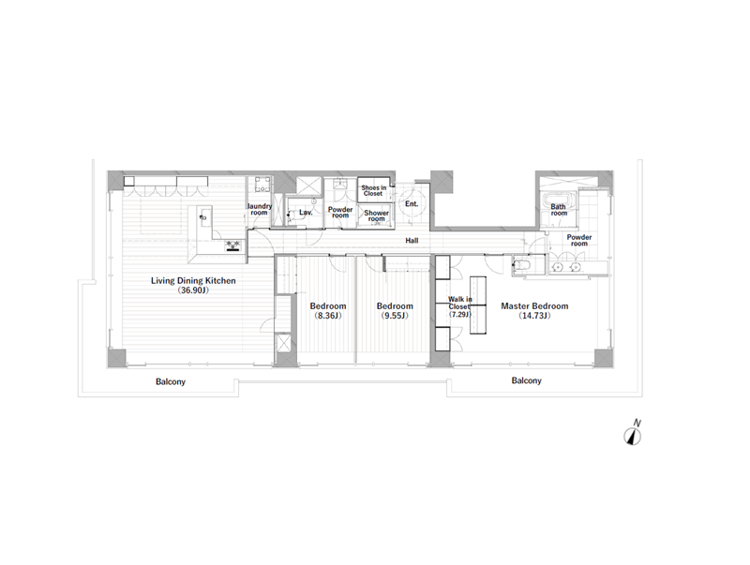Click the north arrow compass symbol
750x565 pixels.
click(x=632, y=437)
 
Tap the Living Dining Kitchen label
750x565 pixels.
click(x=193, y=280)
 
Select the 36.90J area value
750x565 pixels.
click(x=193, y=290)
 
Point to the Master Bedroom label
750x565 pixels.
click(x=534, y=305)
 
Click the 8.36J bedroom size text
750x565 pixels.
click(x=327, y=316)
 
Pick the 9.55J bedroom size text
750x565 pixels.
click(x=395, y=316)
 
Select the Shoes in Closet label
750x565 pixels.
click(x=373, y=191)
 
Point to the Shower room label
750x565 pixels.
click(x=377, y=216)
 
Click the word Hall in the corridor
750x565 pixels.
click(x=412, y=241)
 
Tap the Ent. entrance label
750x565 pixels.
click(x=412, y=203)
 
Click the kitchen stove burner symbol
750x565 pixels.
click(x=233, y=245)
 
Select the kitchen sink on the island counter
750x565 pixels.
click(x=204, y=217)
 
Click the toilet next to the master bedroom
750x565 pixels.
click(x=522, y=265)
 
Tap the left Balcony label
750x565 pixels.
click(x=171, y=382)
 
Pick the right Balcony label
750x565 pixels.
click(x=526, y=380)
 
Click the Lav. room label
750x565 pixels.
click(x=306, y=213)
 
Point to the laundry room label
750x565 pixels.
click(x=260, y=209)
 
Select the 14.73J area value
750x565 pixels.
click(x=534, y=316)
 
